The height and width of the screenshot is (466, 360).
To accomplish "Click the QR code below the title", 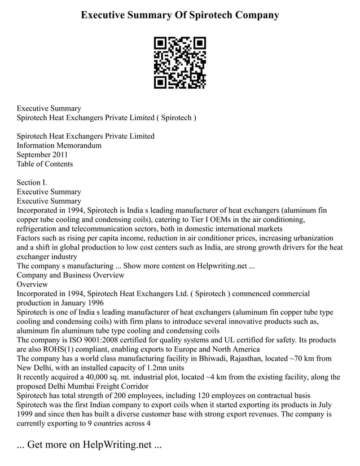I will click(180, 63).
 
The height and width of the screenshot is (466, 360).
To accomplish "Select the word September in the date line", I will click(35, 155).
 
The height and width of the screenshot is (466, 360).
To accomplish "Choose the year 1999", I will click(26, 414).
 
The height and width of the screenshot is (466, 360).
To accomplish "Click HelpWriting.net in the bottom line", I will click(116, 445).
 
